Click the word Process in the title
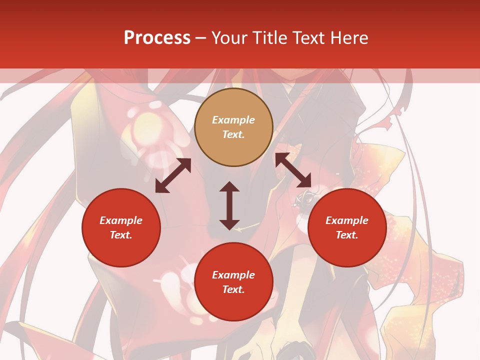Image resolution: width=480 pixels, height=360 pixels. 157,37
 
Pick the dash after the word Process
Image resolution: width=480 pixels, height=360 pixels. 200,38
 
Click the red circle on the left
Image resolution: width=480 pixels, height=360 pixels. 121,227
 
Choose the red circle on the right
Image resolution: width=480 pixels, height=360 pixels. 347,227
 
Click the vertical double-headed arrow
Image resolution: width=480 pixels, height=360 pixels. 229,205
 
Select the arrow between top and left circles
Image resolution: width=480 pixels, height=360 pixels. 173,175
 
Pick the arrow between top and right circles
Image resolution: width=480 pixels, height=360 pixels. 293,170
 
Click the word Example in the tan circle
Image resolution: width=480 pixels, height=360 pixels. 233,120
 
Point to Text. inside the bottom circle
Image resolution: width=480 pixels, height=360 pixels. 233,289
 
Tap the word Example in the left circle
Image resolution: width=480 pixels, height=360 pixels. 121,220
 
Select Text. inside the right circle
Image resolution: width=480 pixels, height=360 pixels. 347,235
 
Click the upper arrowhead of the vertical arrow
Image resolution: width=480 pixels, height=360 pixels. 229,186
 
